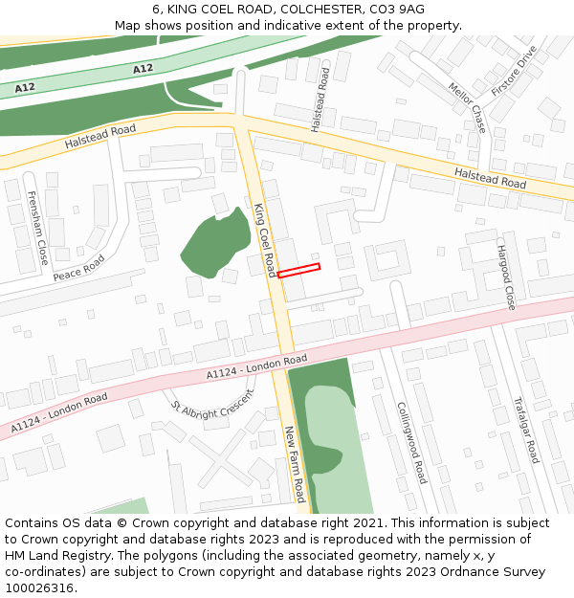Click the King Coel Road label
[x=265, y=239]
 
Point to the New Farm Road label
[x=294, y=465]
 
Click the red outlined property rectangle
[x=298, y=271]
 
